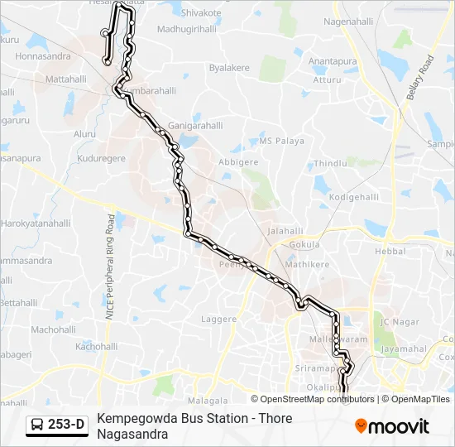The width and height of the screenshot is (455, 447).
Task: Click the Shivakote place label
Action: point(201,13)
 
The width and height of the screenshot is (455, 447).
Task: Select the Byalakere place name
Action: point(228,67)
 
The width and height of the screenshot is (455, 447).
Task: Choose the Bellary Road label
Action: point(419,78)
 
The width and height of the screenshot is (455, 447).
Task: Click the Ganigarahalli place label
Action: point(196,126)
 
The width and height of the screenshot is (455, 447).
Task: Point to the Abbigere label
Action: point(238,162)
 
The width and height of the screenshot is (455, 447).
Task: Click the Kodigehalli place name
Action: point(353,198)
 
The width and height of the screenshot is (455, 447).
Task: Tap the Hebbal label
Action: point(390,251)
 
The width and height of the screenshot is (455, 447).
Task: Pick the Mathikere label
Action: point(307,265)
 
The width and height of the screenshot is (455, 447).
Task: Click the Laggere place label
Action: point(218,318)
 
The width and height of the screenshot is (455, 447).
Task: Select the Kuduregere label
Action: point(101,158)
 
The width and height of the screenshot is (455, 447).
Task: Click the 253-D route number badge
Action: point(66,425)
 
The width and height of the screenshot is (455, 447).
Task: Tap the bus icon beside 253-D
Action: point(38,425)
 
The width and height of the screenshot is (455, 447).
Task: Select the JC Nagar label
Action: point(395,321)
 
